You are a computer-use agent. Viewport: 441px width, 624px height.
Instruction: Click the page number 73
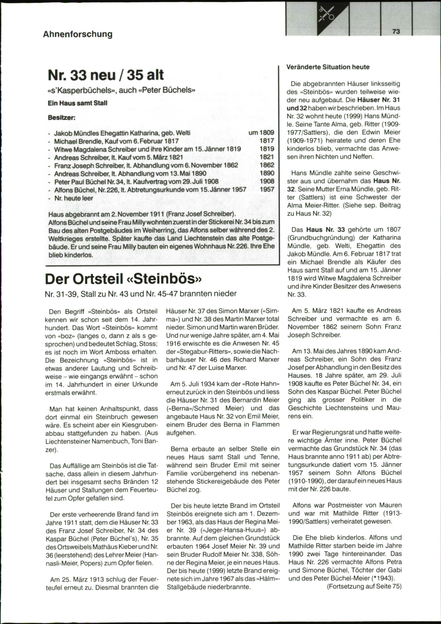396,32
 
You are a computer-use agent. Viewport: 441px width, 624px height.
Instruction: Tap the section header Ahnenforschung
78,34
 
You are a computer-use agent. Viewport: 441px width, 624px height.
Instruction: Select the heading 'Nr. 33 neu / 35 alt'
106,75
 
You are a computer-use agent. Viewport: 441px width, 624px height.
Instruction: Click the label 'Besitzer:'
62,118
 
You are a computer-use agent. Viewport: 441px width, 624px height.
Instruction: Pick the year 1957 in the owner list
267,189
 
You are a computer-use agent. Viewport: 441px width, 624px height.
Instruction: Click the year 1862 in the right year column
267,165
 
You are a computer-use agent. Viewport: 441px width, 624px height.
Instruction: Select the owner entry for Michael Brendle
116,141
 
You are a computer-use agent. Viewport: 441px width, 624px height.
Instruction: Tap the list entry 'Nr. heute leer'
73,198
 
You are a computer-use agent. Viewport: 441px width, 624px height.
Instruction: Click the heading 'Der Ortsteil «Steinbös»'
124,279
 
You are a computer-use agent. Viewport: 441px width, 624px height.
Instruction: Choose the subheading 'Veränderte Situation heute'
328,67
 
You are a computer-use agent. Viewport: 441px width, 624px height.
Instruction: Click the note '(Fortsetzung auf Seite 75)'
364,586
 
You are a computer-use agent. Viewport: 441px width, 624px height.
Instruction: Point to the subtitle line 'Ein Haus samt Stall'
78,103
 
